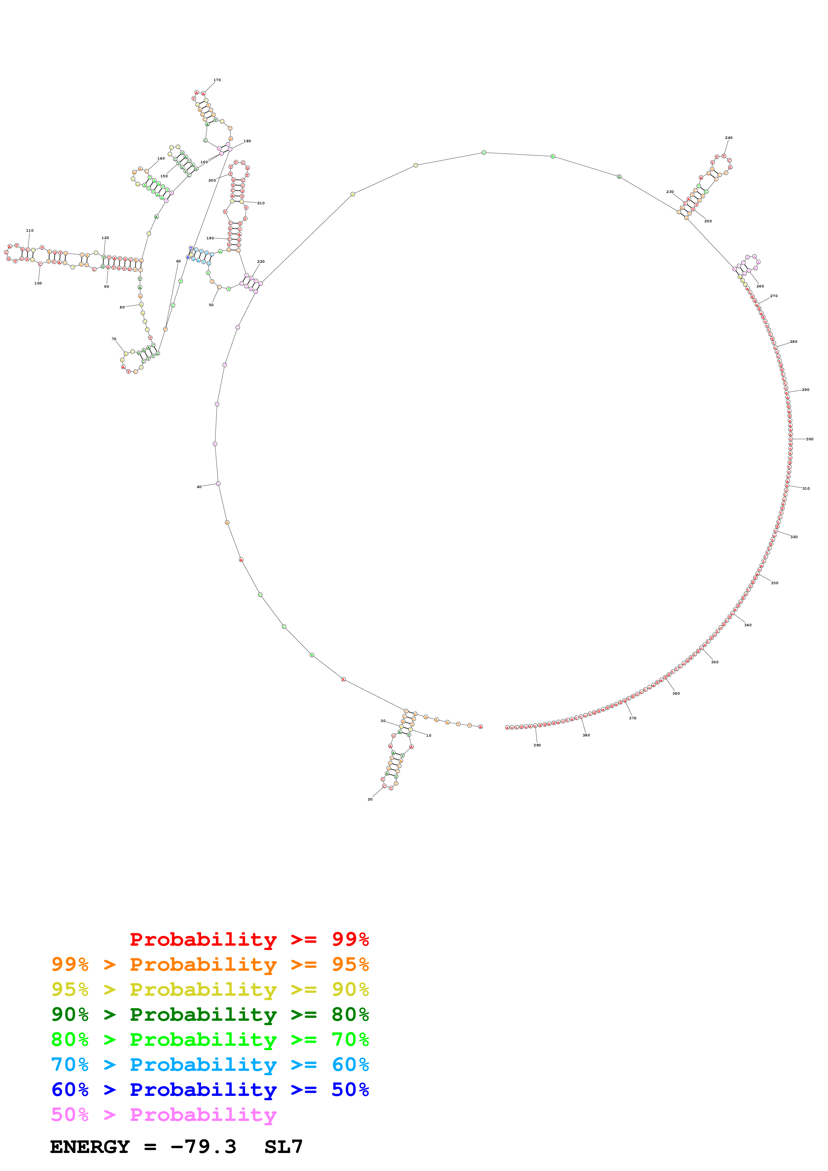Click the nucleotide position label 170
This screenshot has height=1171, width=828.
pos(217,80)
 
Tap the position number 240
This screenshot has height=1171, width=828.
pos(728,138)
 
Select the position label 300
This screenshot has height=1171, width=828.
pos(810,439)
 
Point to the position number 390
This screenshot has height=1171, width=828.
pos(537,745)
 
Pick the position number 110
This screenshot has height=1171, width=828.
pos(30,231)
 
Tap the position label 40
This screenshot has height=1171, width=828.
pos(199,487)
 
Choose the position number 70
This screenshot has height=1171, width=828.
pos(114,339)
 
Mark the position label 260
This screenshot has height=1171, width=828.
pos(760,286)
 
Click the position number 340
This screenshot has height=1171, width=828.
pos(748,625)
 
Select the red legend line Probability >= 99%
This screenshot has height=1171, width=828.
pos(249,939)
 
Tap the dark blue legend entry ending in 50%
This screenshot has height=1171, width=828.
pos(210,1090)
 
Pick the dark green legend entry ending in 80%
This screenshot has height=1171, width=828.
pos(210,1014)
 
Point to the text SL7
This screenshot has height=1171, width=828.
pos(284,1147)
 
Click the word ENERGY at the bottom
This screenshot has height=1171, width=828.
pos(90,1147)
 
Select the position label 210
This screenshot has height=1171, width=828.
pos(261,203)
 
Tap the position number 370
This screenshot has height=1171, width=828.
pos(633,718)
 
